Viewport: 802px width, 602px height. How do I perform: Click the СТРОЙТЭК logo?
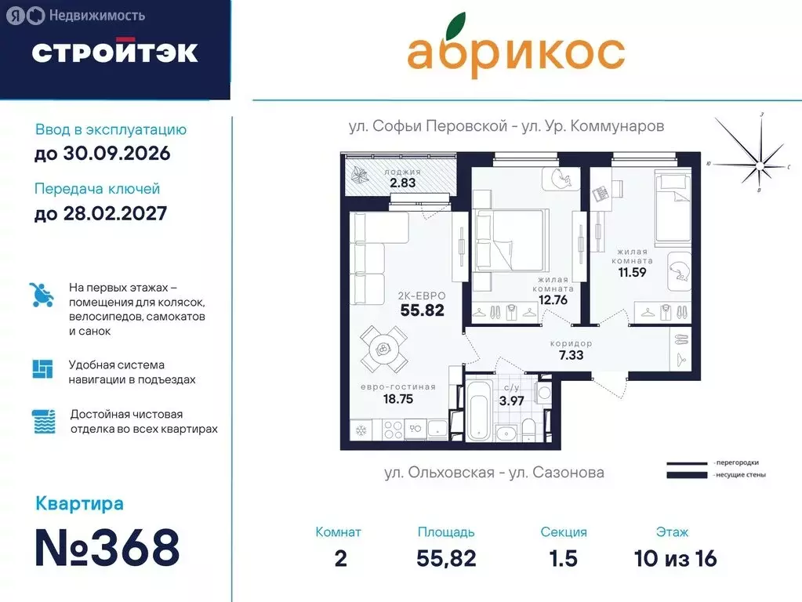click(114, 52)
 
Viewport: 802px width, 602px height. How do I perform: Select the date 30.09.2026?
click(102, 153)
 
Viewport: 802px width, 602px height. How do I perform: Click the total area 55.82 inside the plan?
click(422, 310)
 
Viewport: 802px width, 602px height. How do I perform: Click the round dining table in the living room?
click(383, 350)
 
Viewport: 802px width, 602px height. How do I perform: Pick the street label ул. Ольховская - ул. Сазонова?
click(494, 473)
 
